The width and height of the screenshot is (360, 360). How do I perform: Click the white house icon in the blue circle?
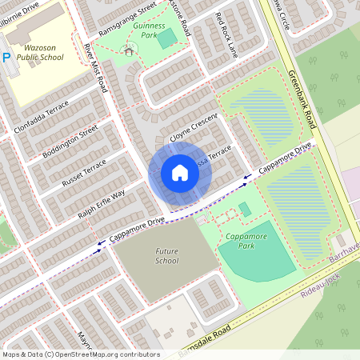click(x=179, y=173)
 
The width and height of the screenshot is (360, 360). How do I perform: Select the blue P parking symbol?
click(x=6, y=58)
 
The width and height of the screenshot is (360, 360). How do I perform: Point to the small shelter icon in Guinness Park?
click(x=129, y=51)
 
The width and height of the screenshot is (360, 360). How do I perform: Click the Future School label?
click(x=166, y=256)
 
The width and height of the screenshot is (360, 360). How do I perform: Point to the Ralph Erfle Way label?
click(x=102, y=206)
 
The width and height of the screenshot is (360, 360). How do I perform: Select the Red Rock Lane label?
click(x=227, y=36)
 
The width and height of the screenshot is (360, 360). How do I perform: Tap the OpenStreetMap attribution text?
click(x=80, y=354)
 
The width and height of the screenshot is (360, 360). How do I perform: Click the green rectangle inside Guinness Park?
click(x=167, y=38)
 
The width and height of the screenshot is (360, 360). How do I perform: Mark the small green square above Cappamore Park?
click(x=244, y=209)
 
